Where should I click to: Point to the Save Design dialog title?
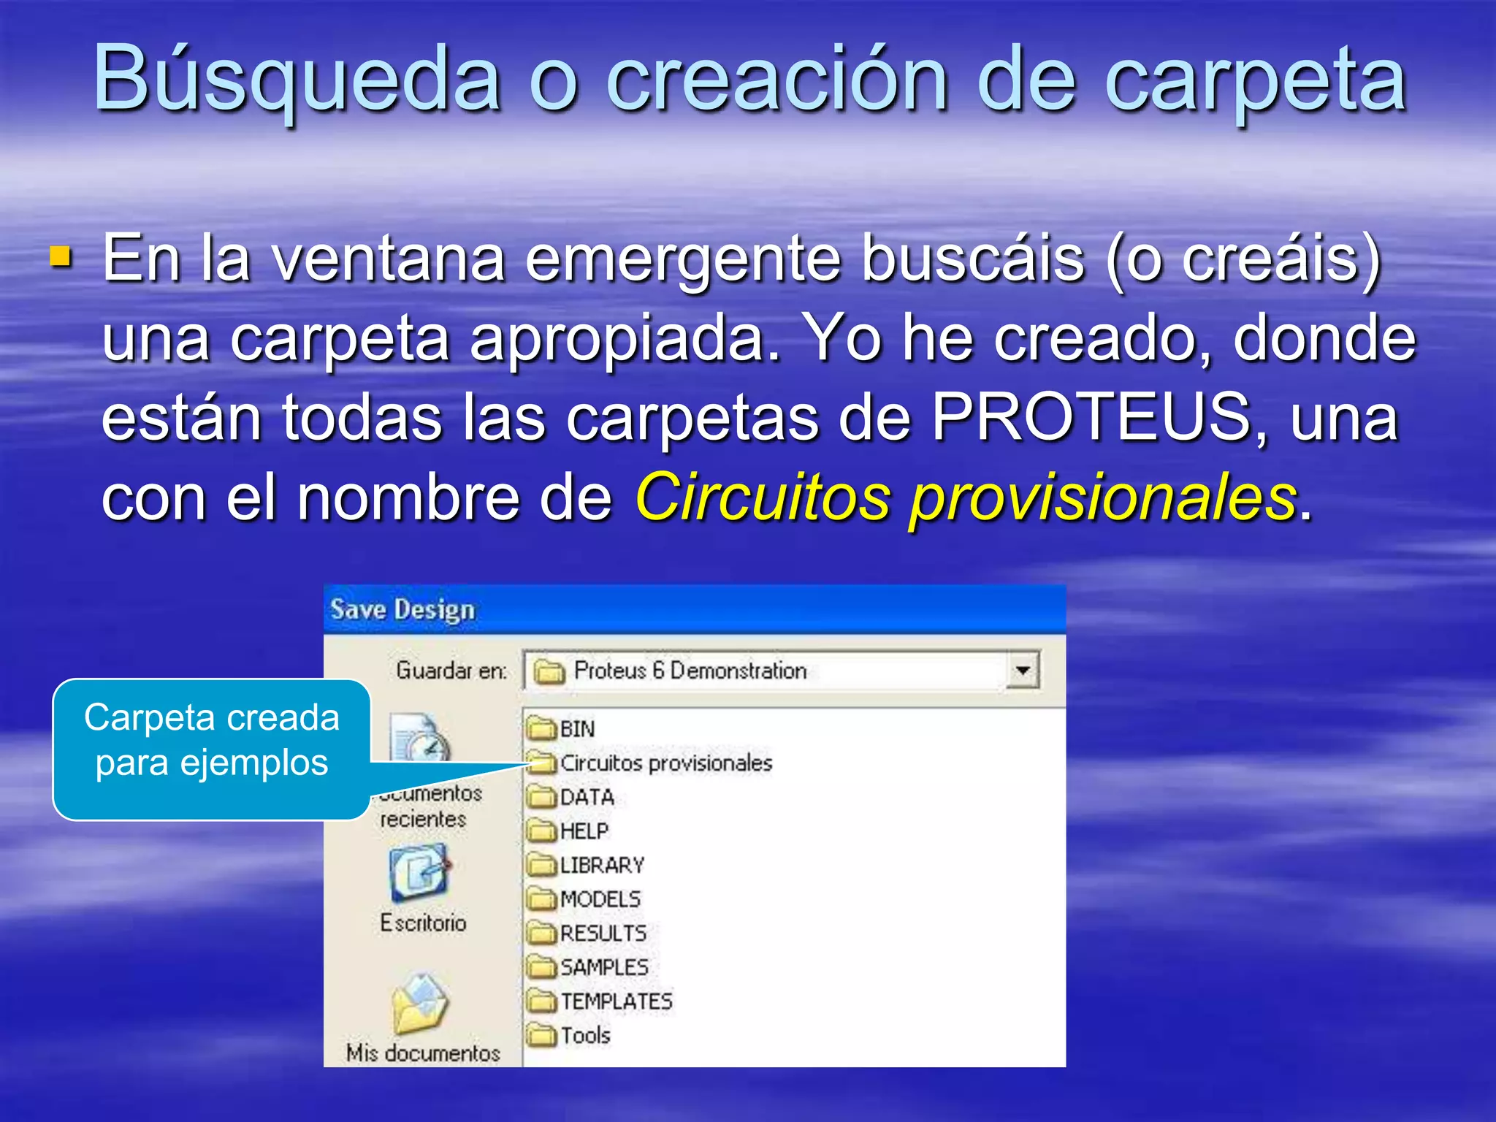[402, 609]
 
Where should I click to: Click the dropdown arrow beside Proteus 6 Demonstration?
[1023, 670]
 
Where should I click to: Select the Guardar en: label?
[451, 671]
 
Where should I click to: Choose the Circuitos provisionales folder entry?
[650, 763]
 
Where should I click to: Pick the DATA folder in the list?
[571, 797]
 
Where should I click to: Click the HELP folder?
[568, 831]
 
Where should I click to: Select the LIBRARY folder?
[587, 866]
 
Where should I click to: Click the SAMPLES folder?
[588, 967]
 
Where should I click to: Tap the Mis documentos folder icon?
[420, 1004]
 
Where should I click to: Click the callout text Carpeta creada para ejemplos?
[212, 740]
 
